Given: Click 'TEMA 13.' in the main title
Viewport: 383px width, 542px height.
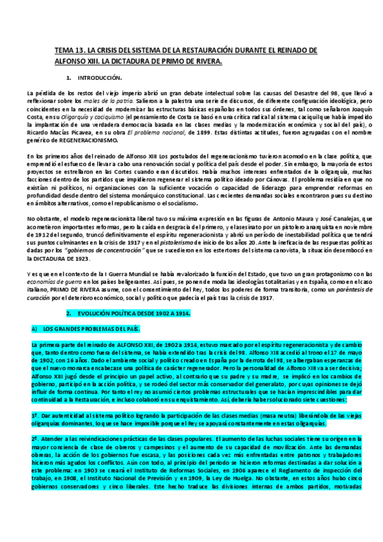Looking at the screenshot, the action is pos(68,50).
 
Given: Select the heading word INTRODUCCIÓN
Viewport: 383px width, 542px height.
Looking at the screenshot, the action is pos(98,77).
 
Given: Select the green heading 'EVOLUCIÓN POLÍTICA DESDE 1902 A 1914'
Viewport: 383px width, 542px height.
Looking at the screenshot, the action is pos(134,315).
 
